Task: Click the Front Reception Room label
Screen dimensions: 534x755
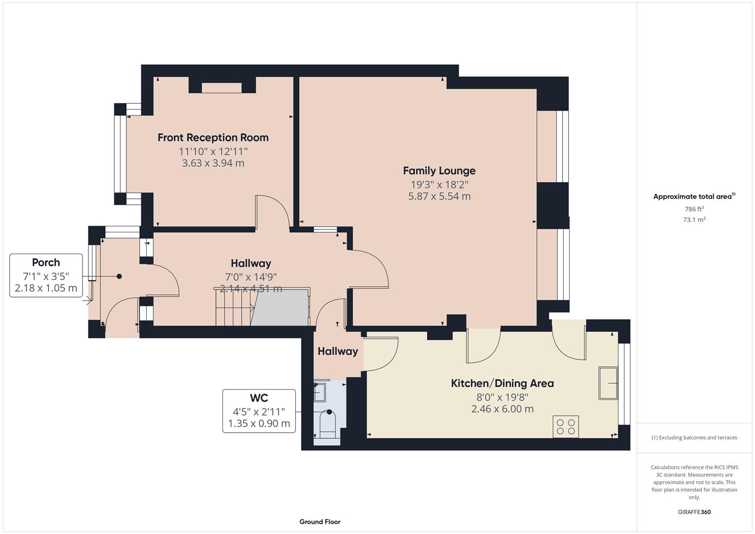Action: click(213, 137)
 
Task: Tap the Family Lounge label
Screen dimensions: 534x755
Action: click(439, 171)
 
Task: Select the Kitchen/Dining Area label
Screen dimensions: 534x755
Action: click(502, 383)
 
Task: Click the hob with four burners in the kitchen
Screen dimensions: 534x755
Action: click(566, 427)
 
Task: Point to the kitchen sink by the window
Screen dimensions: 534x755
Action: click(608, 383)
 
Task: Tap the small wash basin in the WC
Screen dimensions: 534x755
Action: click(320, 392)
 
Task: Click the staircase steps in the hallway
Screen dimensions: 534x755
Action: click(233, 309)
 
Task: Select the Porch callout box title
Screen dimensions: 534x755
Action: click(46, 263)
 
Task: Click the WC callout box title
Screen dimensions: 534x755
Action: click(259, 398)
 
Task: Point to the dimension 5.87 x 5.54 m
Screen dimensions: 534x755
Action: click(439, 196)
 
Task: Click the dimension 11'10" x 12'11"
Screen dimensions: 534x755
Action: click(213, 151)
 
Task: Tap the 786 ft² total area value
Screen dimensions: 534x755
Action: click(694, 209)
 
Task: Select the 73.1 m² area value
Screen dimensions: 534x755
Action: click(694, 220)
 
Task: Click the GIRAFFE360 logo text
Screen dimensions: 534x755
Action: click(694, 512)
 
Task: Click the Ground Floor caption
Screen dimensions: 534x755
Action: click(319, 522)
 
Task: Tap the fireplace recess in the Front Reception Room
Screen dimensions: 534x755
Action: click(222, 88)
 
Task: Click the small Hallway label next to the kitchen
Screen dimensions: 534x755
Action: click(338, 352)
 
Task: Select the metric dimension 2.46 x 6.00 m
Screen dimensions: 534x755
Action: click(502, 409)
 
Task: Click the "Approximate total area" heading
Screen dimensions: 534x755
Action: click(692, 197)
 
